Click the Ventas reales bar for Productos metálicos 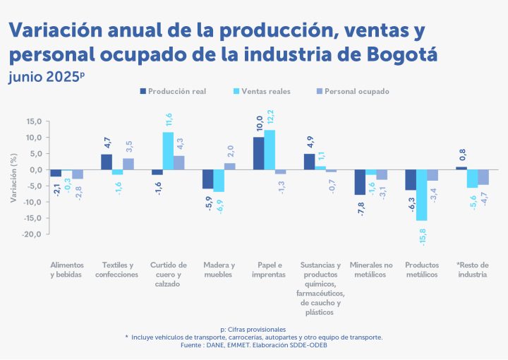422,195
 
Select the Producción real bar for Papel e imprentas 259,153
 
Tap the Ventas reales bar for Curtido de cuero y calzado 168,151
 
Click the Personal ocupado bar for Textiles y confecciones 128,164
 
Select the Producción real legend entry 173,91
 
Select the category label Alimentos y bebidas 66,269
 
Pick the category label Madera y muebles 219,269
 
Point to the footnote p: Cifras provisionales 253,329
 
